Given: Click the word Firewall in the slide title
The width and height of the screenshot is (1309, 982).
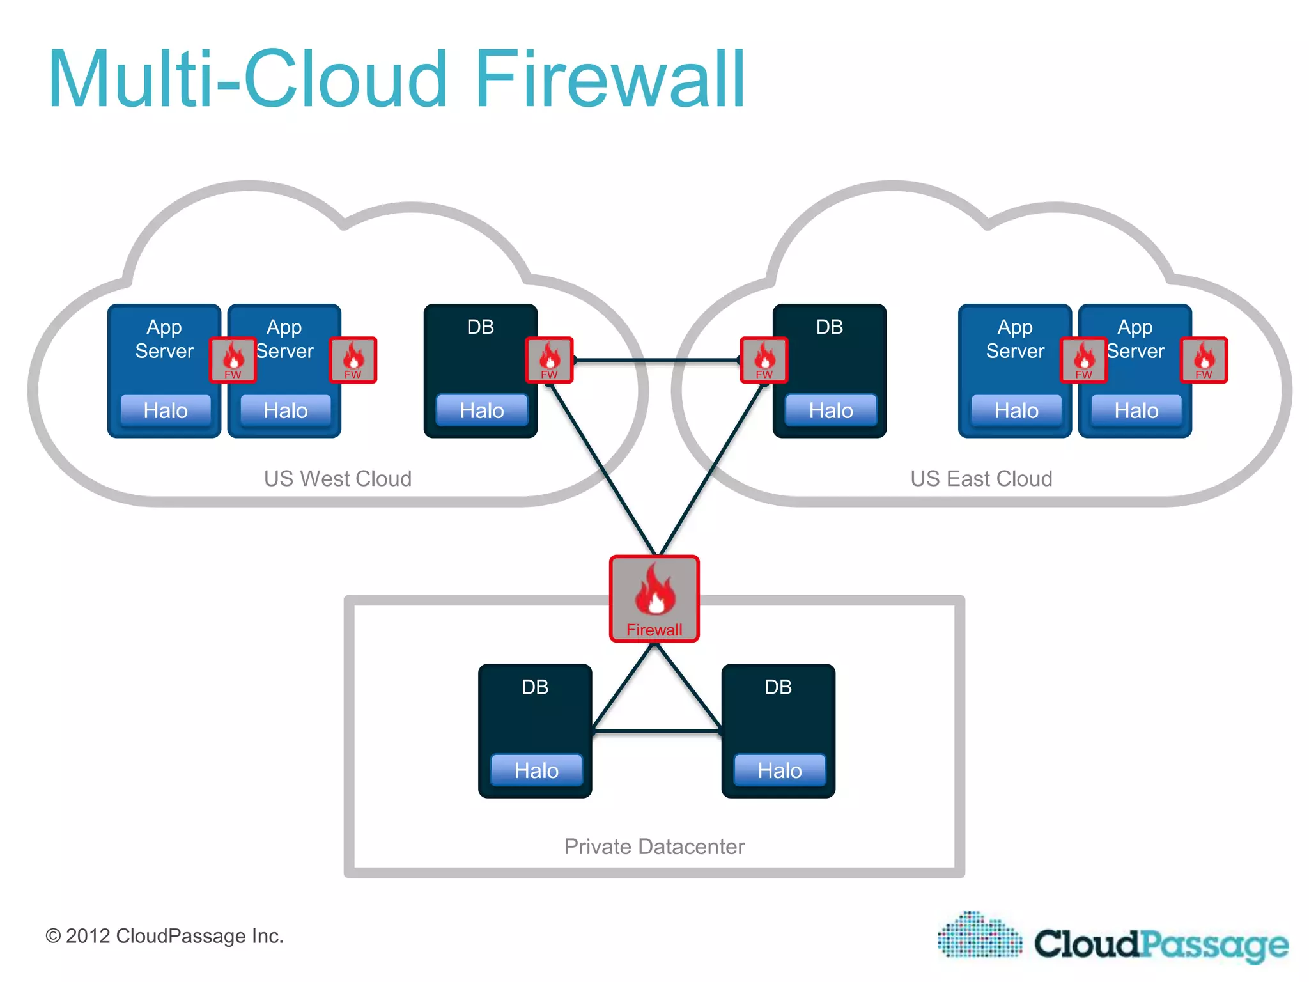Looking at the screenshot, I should tap(610, 80).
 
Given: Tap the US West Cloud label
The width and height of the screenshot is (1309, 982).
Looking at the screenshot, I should tap(337, 478).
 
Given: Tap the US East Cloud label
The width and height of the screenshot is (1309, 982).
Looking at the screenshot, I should tap(981, 478).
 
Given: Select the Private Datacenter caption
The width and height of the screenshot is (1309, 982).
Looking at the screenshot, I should tap(654, 846).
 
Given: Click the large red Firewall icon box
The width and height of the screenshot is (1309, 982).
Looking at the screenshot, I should tap(654, 598).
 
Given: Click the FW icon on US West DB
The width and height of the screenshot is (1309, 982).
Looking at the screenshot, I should tap(549, 360).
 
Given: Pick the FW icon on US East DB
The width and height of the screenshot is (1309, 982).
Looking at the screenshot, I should tap(764, 360).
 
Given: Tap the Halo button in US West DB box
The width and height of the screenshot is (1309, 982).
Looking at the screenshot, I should tap(482, 410).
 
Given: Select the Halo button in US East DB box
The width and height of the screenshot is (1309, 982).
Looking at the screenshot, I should tap(831, 410).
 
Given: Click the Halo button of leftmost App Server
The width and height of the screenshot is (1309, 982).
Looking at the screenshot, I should tap(166, 410).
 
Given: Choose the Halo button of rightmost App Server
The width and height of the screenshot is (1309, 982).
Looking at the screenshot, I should tap(1136, 410).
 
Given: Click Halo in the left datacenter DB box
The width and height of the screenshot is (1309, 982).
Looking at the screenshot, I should tap(536, 770).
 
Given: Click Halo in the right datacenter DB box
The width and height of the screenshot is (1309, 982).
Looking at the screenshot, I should tap(779, 770).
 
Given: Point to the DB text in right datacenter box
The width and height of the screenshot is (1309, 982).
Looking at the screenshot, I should tap(778, 687).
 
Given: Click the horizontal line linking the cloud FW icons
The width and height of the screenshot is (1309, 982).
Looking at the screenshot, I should tap(656, 361).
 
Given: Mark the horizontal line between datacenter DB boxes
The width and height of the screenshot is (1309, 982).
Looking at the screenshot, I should tap(656, 731).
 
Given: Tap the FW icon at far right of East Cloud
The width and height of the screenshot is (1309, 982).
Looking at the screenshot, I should tap(1204, 360).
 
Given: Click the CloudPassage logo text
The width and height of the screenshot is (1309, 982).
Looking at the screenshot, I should tap(1161, 944).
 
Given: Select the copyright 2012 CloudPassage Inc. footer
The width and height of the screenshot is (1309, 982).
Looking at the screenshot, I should tap(164, 936).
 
